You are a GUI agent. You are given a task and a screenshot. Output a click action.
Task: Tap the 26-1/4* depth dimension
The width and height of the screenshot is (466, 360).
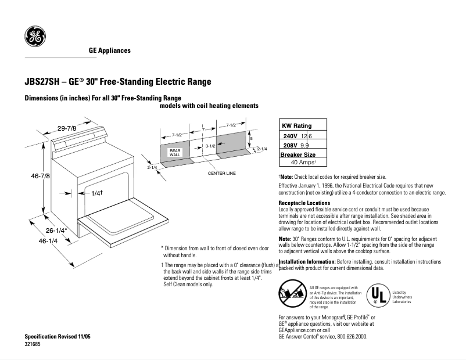coord(56,230)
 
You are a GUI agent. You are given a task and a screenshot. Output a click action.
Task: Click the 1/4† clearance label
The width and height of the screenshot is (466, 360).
coord(96,193)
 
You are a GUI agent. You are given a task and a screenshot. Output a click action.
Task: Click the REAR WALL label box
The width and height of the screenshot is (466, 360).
coord(175,153)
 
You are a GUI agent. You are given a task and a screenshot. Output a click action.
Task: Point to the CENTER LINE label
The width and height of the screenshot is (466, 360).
coord(221,173)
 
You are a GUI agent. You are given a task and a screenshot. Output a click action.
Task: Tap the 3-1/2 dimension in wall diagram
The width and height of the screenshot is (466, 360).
coord(210,146)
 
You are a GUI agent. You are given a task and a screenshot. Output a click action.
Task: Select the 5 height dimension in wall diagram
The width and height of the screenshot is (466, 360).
coord(251,139)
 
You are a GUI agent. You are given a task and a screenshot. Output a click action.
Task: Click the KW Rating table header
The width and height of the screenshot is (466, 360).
coord(296,125)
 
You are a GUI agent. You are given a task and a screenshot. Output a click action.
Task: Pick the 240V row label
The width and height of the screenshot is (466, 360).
coord(290,135)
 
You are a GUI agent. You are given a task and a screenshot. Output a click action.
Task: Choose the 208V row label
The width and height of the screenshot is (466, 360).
coord(290,145)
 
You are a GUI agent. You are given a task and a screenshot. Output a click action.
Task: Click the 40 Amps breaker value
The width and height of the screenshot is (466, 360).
coord(303,163)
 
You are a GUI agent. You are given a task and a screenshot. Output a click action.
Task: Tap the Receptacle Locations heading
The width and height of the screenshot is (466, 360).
coord(304,203)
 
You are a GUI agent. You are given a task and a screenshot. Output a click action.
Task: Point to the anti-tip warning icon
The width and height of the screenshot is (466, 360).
coord(292,293)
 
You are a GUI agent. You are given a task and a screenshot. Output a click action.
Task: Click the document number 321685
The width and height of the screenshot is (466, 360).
coord(33,344)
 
